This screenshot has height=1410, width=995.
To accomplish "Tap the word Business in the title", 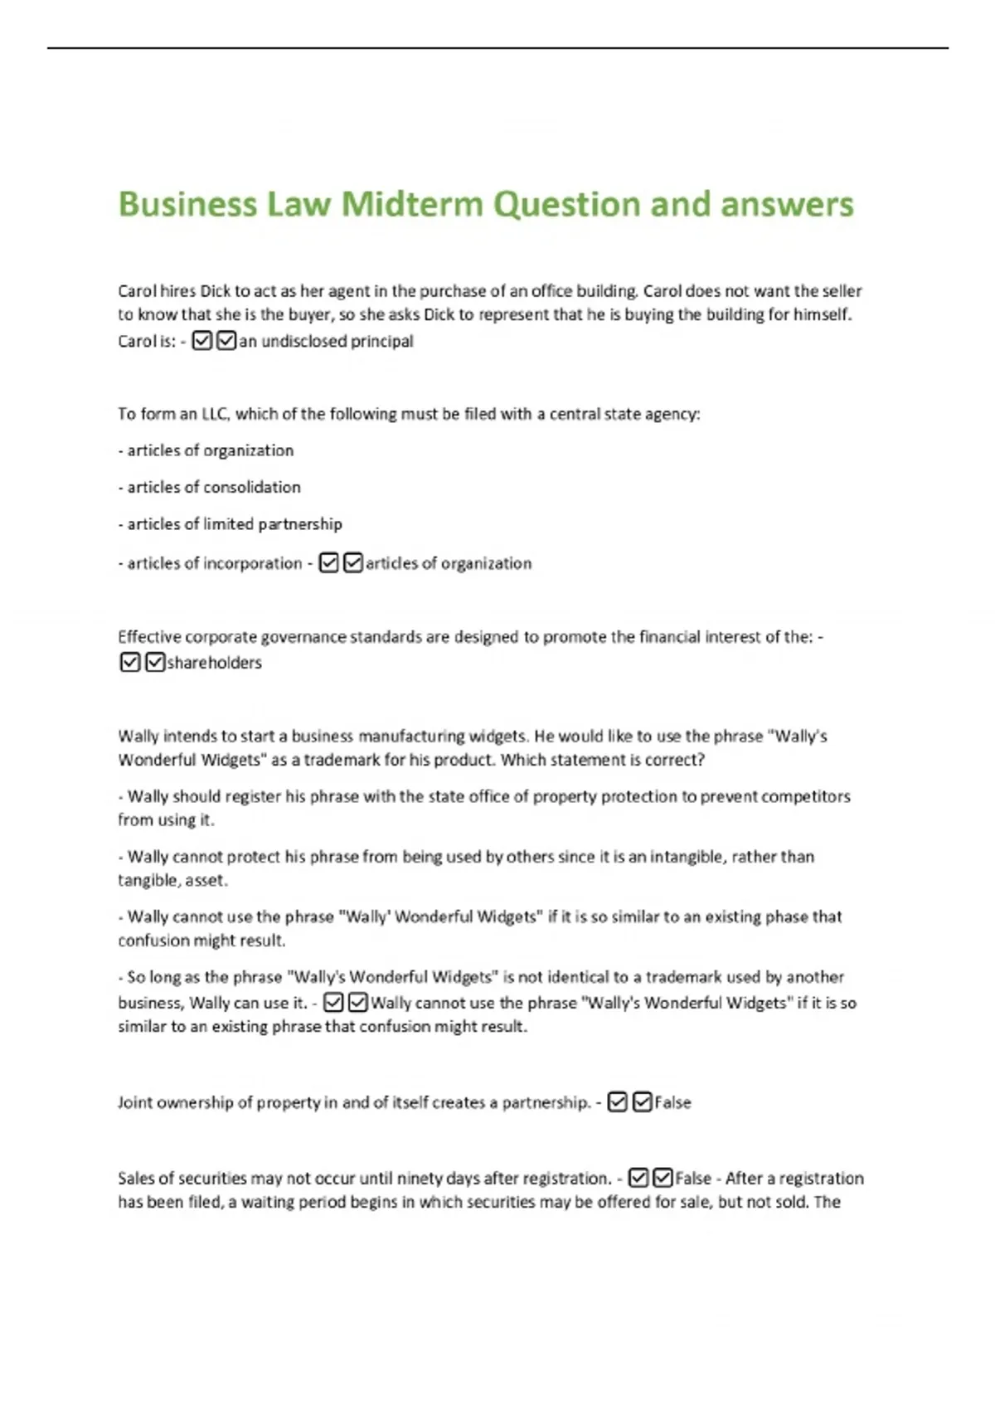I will [187, 204].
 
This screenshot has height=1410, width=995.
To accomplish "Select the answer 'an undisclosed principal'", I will [326, 341].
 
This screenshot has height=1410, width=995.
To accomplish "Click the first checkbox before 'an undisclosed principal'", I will [201, 341].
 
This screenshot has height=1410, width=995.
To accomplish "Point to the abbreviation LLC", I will [215, 414].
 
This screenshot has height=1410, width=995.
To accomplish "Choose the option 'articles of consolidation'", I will [213, 487].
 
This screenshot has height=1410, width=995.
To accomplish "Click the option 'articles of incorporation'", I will [214, 563].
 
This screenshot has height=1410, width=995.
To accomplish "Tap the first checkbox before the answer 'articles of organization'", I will [328, 563].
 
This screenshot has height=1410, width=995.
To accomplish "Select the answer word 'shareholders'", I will [214, 663].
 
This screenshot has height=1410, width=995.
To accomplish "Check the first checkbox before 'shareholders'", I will [129, 663].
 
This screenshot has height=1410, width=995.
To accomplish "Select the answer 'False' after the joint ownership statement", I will [672, 1102].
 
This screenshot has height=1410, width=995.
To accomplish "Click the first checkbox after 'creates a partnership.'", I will [617, 1102].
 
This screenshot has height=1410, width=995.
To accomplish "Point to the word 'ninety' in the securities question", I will [420, 1178].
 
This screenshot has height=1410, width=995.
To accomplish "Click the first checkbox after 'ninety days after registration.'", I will [638, 1178].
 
